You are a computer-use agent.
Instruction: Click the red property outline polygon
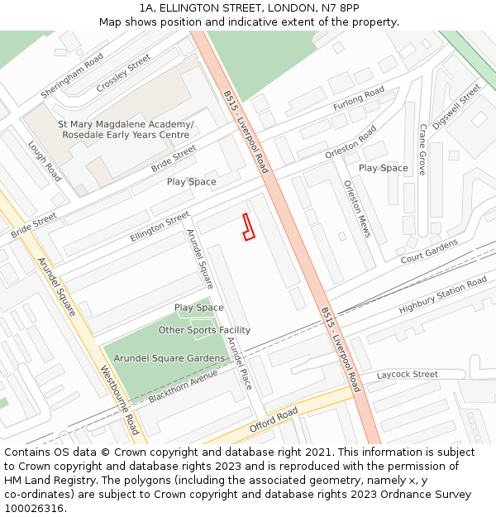pyautogui.click(x=248, y=227)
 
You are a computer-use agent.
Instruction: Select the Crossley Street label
pyautogui.click(x=123, y=74)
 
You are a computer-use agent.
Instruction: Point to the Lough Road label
pyautogui.click(x=44, y=160)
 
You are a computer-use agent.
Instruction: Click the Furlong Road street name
pyautogui.click(x=359, y=99)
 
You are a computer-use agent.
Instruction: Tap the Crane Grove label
pyautogui.click(x=422, y=150)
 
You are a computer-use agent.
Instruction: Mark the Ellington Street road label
pyautogui.click(x=160, y=227)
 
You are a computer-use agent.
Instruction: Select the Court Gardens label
pyautogui.click(x=429, y=252)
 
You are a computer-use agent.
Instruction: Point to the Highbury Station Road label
pyautogui.click(x=443, y=296)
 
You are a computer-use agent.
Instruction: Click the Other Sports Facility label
pyautogui.click(x=204, y=331)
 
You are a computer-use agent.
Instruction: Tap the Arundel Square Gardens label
pyautogui.click(x=169, y=358)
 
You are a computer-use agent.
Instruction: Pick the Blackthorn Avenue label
pyautogui.click(x=183, y=386)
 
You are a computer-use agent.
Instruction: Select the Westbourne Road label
pyautogui.click(x=119, y=400)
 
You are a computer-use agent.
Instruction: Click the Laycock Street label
pyautogui.click(x=408, y=375)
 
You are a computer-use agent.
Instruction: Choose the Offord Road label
pyautogui.click(x=274, y=421)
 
